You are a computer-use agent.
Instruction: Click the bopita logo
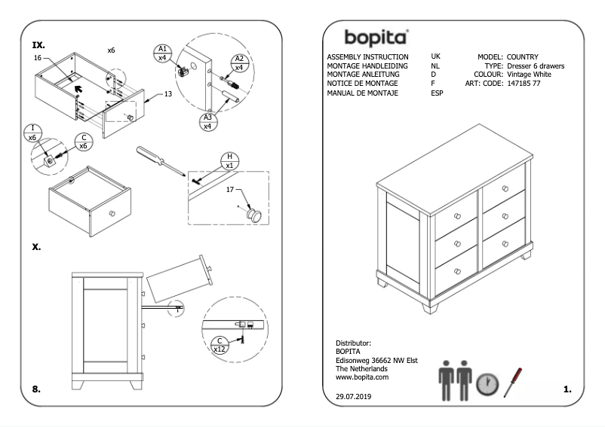click(x=376, y=38)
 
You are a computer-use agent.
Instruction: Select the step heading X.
click(x=37, y=246)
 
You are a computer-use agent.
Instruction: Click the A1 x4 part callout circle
click(x=162, y=53)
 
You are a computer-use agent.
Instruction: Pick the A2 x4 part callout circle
click(x=238, y=63)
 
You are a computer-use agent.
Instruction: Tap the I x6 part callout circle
click(x=32, y=133)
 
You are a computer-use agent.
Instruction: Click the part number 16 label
click(x=37, y=58)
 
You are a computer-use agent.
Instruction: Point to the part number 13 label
click(x=167, y=94)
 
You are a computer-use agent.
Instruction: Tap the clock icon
click(x=487, y=384)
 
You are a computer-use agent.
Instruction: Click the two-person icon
click(x=455, y=380)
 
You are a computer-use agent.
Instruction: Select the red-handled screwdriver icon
click(x=513, y=381)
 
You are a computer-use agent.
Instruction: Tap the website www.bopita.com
click(x=361, y=377)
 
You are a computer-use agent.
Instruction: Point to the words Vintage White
click(x=529, y=75)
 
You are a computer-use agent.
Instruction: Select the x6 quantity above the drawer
click(x=111, y=50)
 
